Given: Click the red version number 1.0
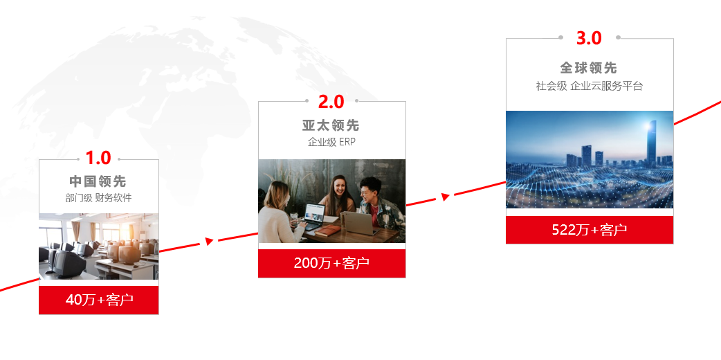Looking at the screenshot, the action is tap(98, 158).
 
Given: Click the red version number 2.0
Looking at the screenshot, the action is tap(331, 102).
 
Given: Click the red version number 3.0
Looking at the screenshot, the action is tap(589, 38).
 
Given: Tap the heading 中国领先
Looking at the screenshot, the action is tap(98, 181).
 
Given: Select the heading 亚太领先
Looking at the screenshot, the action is tap(331, 125).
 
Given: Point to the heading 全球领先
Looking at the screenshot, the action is tap(589, 68).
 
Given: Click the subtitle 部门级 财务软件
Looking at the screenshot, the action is tap(98, 198).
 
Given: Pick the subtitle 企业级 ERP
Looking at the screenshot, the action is tap(331, 142).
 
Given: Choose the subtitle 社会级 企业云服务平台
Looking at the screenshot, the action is tap(589, 86).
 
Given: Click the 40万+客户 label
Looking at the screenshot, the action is tap(100, 300).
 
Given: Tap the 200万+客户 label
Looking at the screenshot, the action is tap(331, 263).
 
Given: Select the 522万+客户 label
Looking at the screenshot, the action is tap(589, 229).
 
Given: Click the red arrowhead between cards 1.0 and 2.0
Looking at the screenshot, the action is tap(209, 241).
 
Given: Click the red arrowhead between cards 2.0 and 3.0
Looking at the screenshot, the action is tap(445, 197).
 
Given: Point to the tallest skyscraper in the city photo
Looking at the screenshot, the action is tap(652, 143).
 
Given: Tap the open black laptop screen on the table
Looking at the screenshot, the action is tap(315, 213).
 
